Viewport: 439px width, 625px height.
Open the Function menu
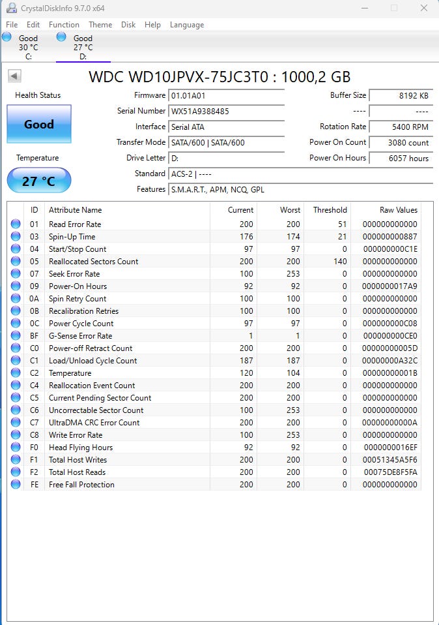point(64,25)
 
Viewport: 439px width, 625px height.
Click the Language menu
point(187,25)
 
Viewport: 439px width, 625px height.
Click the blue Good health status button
point(39,124)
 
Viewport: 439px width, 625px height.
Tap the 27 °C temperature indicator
point(39,181)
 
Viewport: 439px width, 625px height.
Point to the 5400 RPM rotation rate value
point(401,127)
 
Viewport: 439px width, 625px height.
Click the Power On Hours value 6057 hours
point(401,158)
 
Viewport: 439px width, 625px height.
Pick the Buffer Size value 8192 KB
point(401,95)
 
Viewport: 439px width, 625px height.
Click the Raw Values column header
point(399,210)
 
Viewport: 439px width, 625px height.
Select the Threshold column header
point(330,210)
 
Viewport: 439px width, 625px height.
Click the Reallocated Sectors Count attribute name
point(93,262)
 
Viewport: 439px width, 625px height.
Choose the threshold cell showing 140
point(339,262)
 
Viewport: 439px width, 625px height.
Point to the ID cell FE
point(35,485)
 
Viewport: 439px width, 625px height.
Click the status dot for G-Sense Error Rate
point(16,336)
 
